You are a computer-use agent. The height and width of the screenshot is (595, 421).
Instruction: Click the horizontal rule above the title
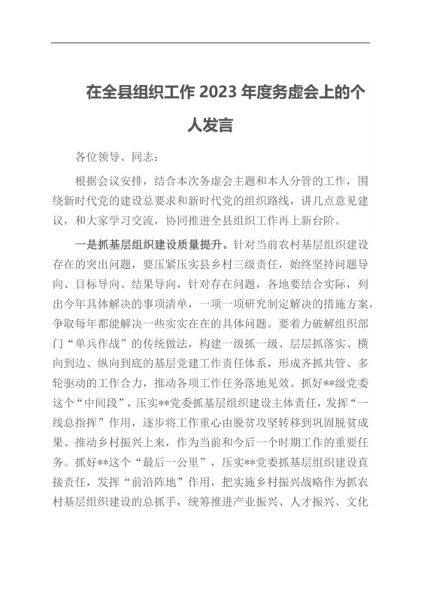pyautogui.click(x=210, y=42)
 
